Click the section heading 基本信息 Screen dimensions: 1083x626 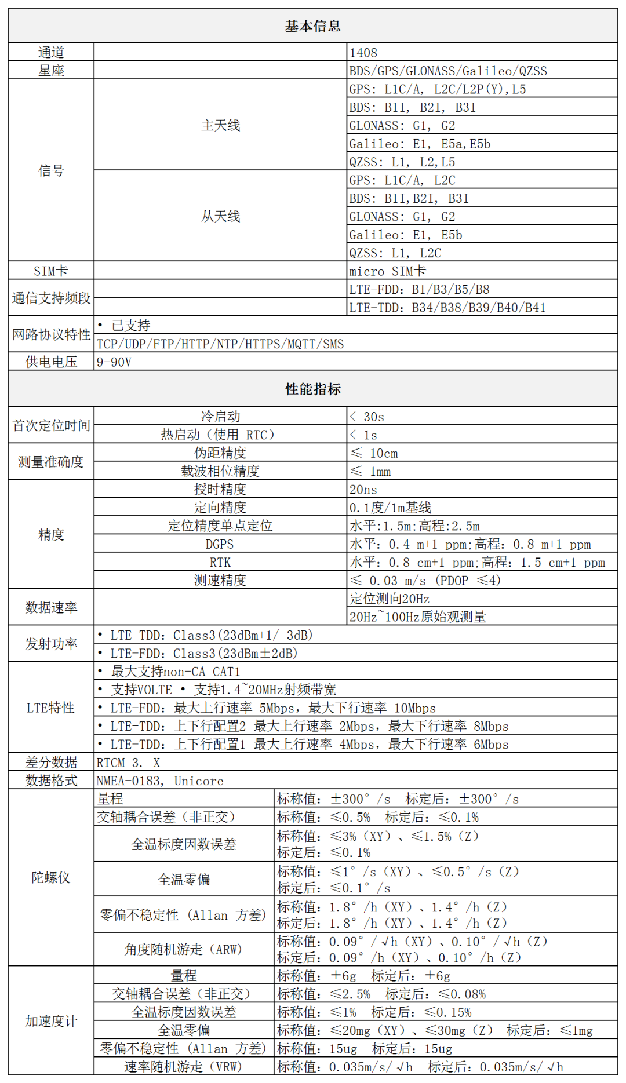(x=312, y=26)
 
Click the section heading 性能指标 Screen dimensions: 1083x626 (x=312, y=389)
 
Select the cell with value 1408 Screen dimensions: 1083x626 (x=363, y=53)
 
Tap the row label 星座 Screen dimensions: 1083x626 (x=51, y=71)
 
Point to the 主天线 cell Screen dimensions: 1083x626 (x=220, y=125)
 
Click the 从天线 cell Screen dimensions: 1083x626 (x=220, y=216)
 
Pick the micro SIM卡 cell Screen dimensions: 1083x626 (x=387, y=271)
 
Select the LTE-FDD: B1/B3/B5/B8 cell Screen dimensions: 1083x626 (x=419, y=289)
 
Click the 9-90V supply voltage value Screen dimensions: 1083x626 (x=114, y=362)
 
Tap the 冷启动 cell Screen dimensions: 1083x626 (x=220, y=416)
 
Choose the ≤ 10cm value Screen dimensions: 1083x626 (x=374, y=453)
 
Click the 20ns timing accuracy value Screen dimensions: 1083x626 (x=363, y=490)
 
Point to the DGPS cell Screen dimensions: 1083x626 (x=220, y=544)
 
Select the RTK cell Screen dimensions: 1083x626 (x=220, y=562)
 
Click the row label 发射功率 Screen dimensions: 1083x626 (x=51, y=644)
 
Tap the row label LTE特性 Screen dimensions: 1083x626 (x=51, y=708)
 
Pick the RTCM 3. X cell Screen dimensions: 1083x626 (x=128, y=763)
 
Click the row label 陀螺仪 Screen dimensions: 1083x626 (x=51, y=877)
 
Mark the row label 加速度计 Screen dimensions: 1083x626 (x=51, y=1021)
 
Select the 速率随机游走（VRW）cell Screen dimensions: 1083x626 (x=183, y=1067)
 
